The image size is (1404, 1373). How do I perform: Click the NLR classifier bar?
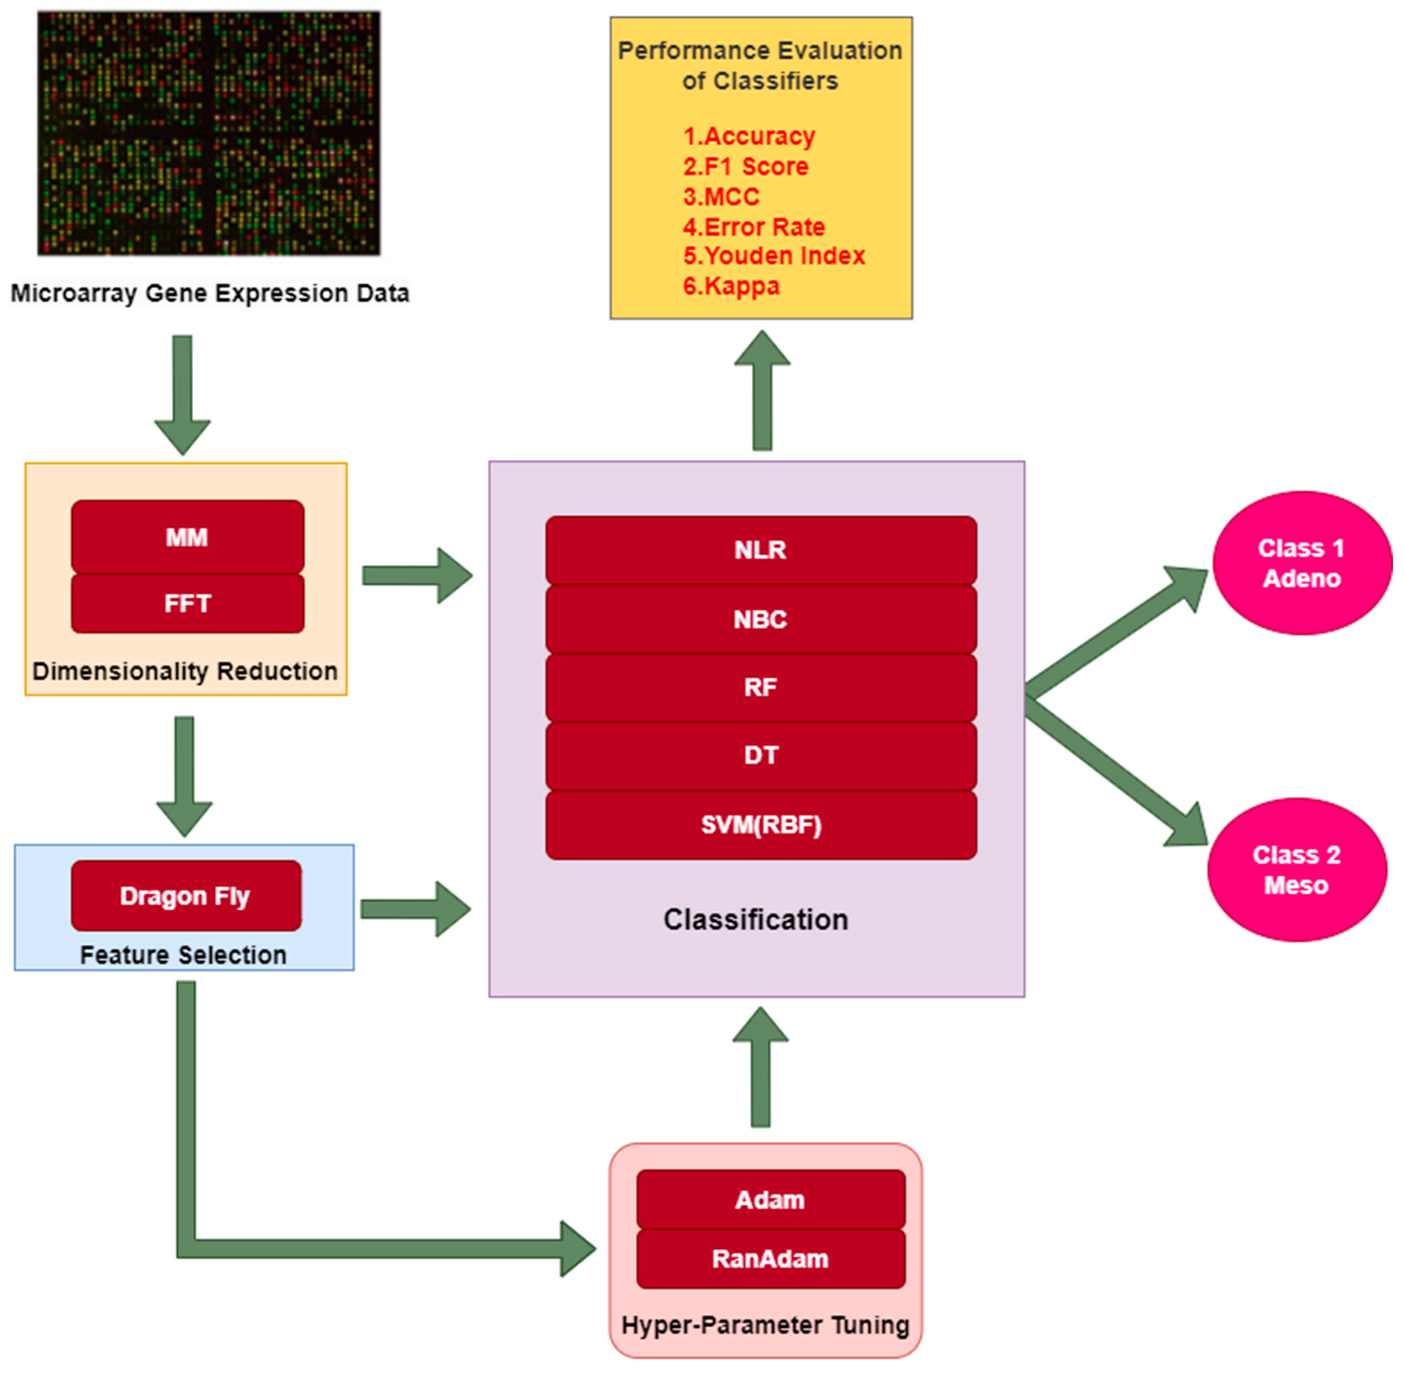761,550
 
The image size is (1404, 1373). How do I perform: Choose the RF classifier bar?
761,687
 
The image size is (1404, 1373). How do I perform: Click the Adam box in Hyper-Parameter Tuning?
770,1200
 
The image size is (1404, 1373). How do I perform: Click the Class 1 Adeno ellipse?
1302,563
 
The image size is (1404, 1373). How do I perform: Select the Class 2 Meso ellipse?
1296,870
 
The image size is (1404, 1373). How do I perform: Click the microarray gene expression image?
209,134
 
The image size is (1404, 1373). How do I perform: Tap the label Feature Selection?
183,955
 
